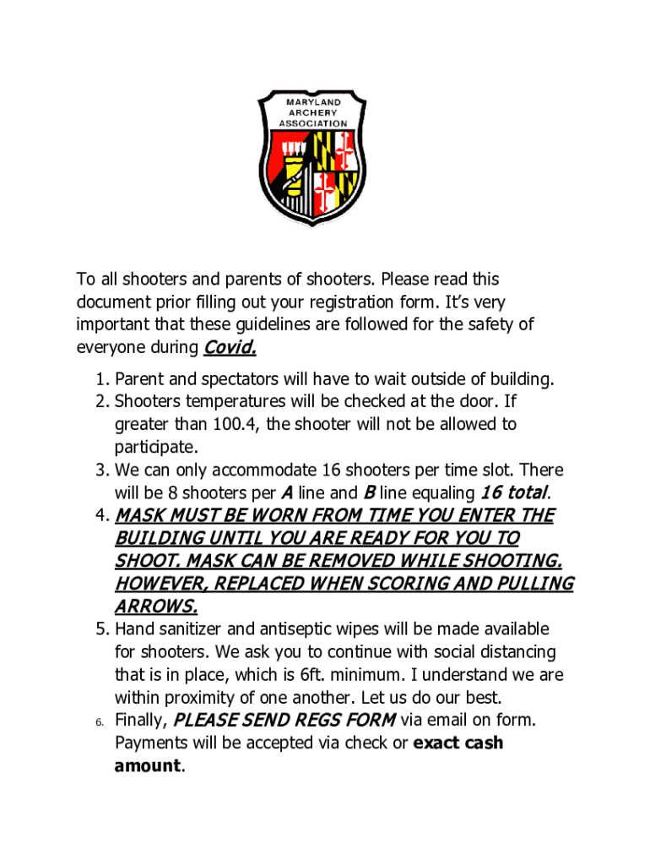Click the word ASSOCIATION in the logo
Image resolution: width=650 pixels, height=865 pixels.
[x=312, y=123]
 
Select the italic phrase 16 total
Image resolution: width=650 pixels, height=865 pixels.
[x=514, y=492]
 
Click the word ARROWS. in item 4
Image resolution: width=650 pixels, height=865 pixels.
[x=156, y=607]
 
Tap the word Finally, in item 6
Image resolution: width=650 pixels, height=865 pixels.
[x=141, y=721]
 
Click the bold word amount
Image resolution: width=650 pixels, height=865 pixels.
[x=148, y=766]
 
